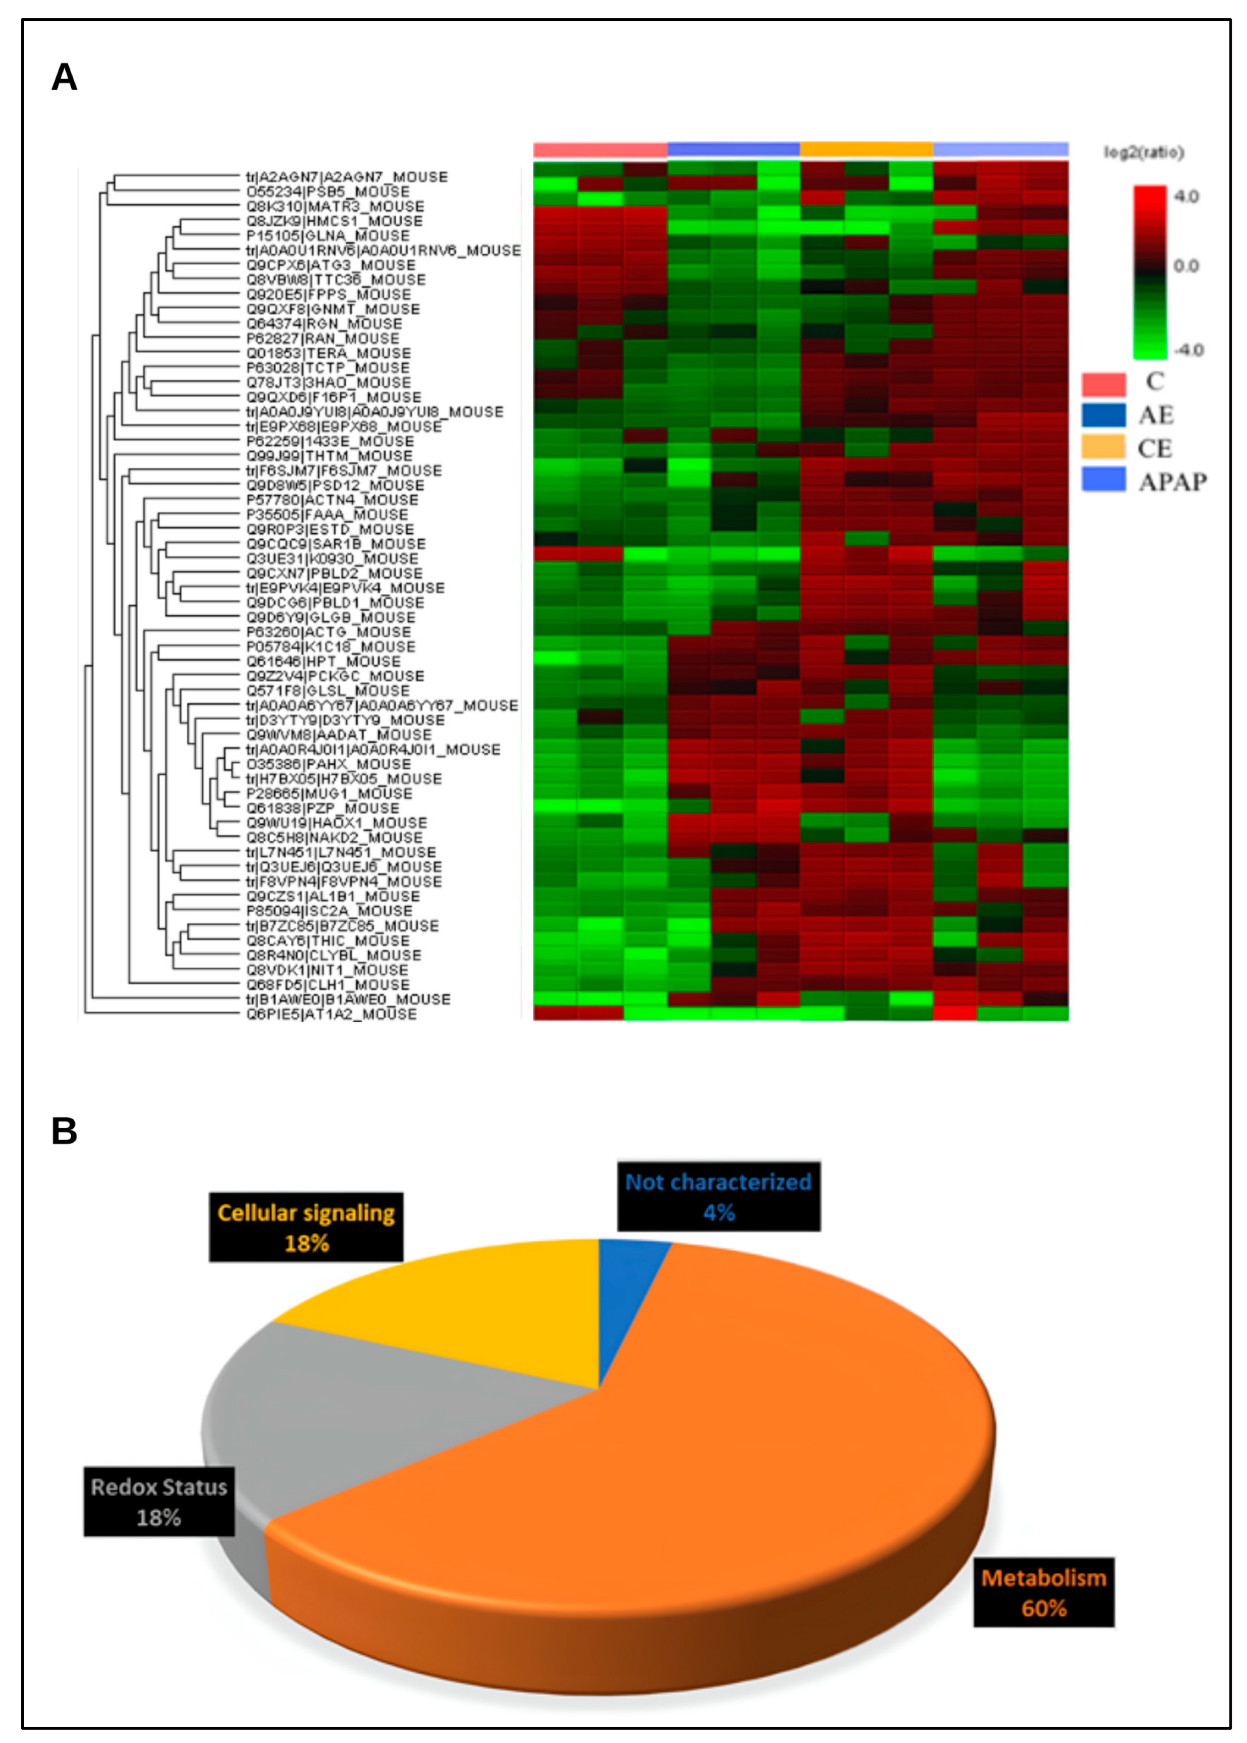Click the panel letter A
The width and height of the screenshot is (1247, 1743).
[64, 78]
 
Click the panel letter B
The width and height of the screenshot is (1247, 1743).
[64, 1131]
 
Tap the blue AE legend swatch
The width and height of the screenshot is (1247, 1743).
[1104, 416]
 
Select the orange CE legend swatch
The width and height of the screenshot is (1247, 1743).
[1104, 448]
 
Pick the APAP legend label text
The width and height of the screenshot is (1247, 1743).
[1172, 482]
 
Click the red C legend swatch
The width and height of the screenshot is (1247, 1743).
[1104, 383]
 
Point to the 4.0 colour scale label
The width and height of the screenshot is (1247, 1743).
[1186, 196]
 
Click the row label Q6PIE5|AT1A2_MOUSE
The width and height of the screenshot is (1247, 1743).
[331, 1014]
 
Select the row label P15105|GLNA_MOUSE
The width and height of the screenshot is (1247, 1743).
[328, 236]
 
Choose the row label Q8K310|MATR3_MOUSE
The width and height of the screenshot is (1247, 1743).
[335, 206]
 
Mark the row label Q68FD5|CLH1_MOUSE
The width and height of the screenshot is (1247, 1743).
[328, 985]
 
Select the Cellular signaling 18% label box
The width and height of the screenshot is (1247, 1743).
[306, 1227]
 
